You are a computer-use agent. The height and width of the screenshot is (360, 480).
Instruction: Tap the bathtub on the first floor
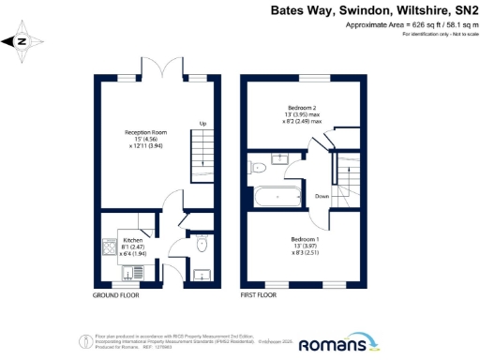tap(276, 198)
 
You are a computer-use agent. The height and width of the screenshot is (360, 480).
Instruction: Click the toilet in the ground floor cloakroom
tap(202, 245)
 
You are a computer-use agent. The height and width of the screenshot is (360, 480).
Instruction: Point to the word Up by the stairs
tap(202, 123)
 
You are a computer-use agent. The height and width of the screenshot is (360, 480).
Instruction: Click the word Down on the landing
tap(322, 196)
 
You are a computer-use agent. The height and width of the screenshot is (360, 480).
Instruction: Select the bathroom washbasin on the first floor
tap(282, 157)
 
